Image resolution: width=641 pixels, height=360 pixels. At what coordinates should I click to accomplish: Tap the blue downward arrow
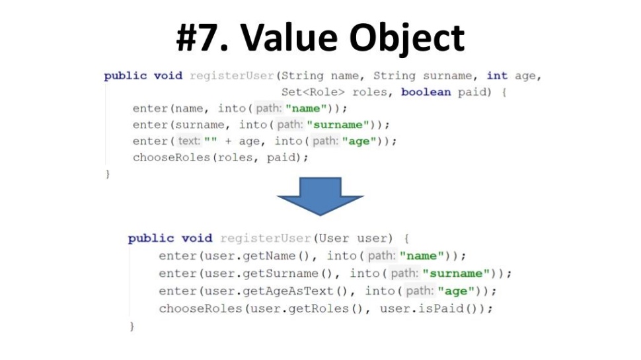point(320,196)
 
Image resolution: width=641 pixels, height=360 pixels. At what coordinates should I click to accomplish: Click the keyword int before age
point(497,75)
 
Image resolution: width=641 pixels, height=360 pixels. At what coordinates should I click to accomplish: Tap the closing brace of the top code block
point(107,174)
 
